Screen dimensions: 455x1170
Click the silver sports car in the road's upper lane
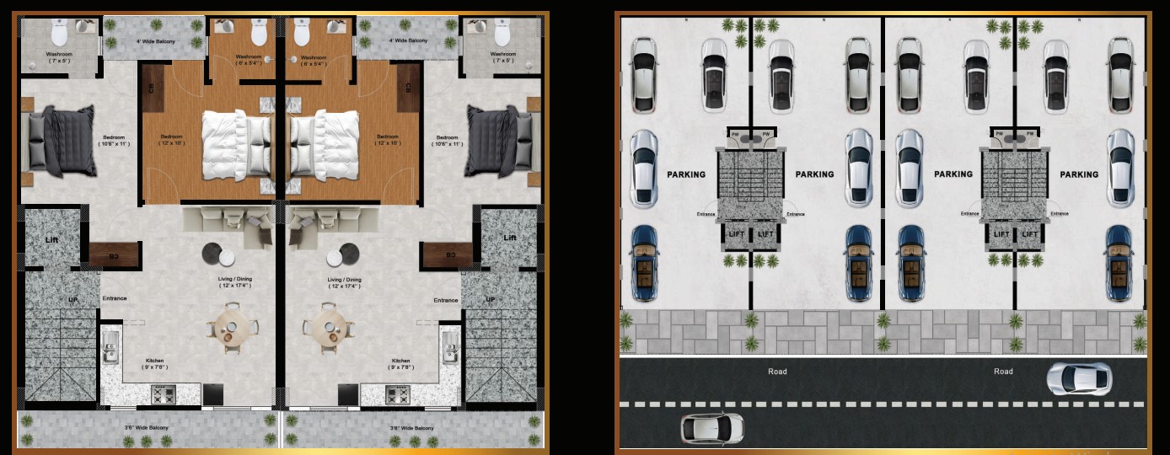coord(1079,379)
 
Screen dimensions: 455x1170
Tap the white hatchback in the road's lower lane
coord(712,428)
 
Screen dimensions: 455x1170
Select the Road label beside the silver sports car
coord(1003,372)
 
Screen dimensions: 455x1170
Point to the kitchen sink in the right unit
coord(448,345)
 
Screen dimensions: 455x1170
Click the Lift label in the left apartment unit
coord(51,239)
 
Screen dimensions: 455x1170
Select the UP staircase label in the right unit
coord(490,299)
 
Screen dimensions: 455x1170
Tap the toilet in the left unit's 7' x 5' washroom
coord(60,34)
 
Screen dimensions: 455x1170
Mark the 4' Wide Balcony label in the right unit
coord(409,40)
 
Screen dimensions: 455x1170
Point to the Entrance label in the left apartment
coord(115,299)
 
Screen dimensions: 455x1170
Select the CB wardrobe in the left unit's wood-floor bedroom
coord(153,88)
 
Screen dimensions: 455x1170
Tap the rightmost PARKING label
coord(1079,174)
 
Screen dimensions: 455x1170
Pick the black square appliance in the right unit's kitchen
coord(348,393)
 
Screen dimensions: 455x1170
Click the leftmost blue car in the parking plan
coord(645,263)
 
